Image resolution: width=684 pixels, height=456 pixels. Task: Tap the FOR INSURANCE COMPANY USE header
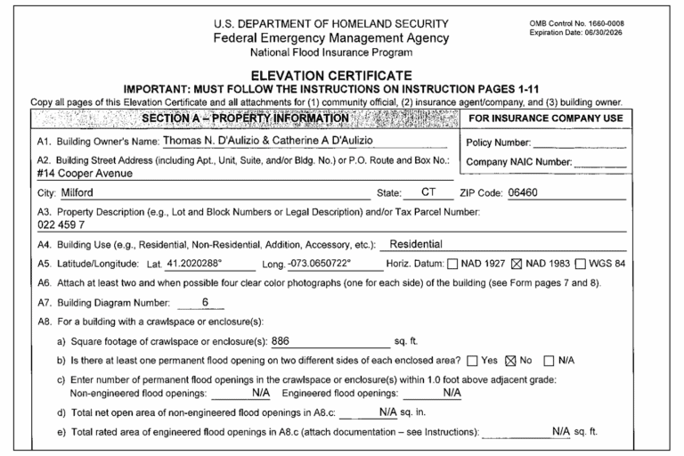tap(545, 118)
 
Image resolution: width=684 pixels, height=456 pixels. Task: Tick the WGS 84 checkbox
tap(582, 265)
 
